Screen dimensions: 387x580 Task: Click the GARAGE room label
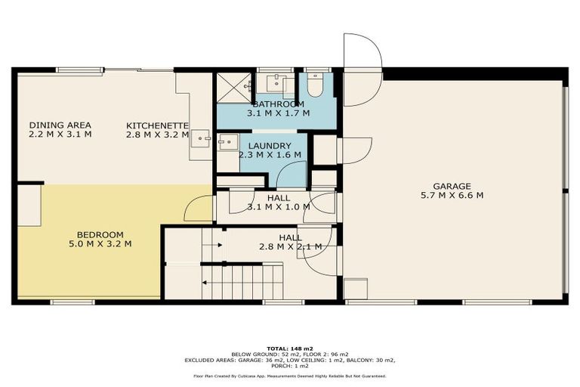(x=452, y=186)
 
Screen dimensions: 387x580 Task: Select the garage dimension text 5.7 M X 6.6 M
(x=452, y=195)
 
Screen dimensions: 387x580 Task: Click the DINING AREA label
(x=60, y=125)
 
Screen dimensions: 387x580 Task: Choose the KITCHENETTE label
(x=158, y=125)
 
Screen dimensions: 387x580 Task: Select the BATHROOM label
(x=279, y=104)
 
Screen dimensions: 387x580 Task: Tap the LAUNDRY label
(x=270, y=145)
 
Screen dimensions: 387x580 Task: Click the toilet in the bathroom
(x=316, y=84)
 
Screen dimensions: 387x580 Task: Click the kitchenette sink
(x=202, y=140)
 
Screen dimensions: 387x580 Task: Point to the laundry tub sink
(x=227, y=142)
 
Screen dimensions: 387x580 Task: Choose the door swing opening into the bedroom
(x=198, y=209)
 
